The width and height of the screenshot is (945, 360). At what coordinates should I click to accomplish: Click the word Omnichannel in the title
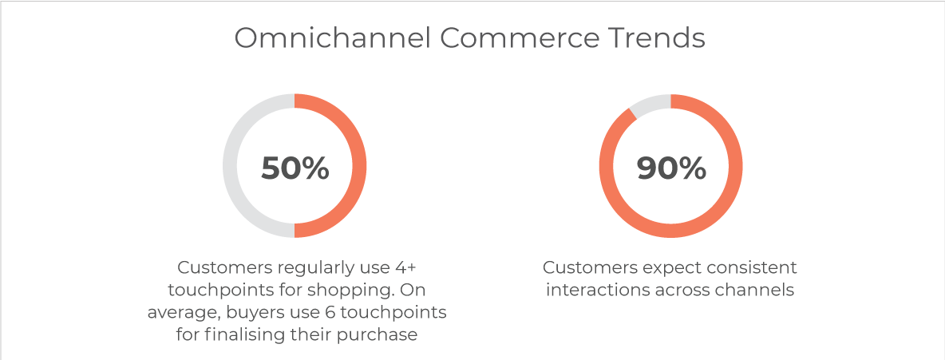[x=333, y=38]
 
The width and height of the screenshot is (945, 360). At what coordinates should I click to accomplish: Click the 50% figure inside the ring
[x=295, y=168]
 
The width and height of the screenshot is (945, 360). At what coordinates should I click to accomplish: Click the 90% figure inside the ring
[x=670, y=168]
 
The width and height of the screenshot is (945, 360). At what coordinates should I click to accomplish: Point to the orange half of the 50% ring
[x=359, y=166]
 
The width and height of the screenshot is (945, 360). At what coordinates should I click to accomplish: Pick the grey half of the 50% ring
[x=230, y=166]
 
